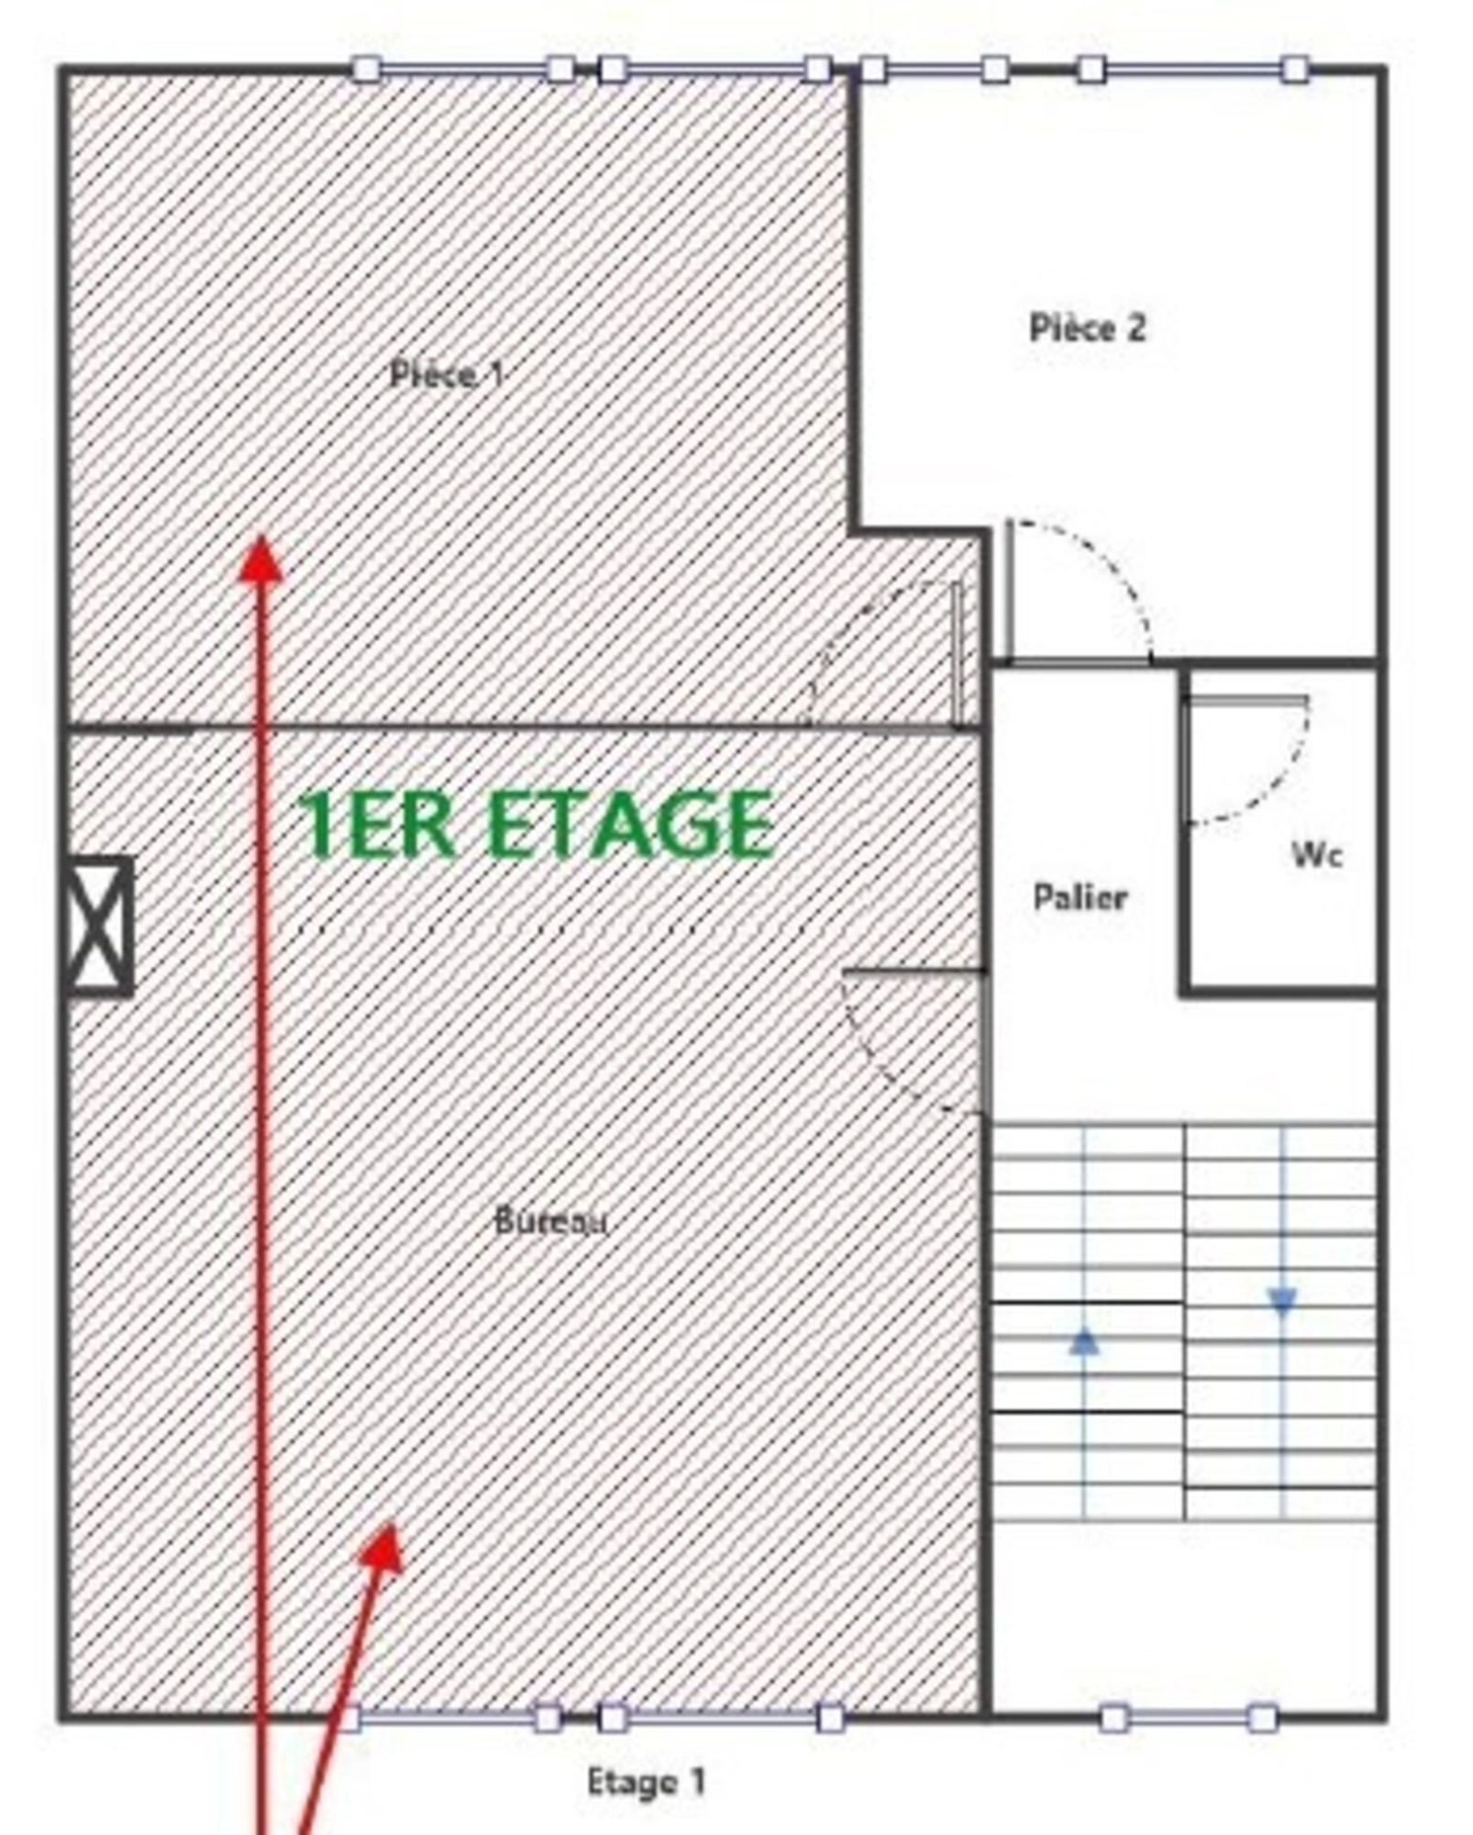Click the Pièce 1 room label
tap(447, 374)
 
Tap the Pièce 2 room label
tap(1087, 328)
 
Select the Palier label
tap(1080, 896)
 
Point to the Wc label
tap(1317, 855)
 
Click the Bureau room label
tap(550, 1221)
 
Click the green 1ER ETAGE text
tap(536, 825)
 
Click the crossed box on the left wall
tap(100, 926)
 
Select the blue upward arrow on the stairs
tap(1084, 1343)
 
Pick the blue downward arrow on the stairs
tap(1282, 1300)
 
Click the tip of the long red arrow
tap(260, 537)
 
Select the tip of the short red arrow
tap(394, 1524)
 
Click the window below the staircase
tap(1188, 1717)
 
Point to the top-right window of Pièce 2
tap(1192, 69)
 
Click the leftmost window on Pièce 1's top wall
tap(463, 69)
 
